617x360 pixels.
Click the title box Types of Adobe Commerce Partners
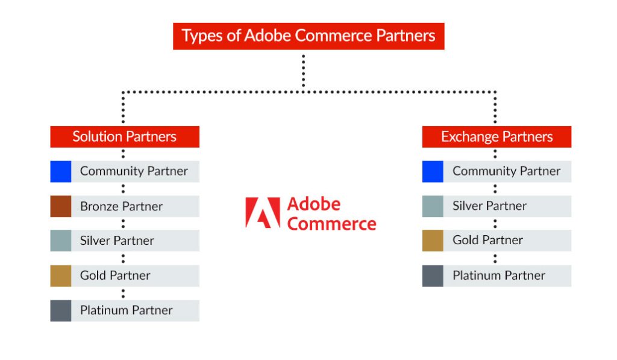click(x=308, y=36)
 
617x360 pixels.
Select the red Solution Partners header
click(x=125, y=136)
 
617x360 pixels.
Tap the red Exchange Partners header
click(x=496, y=136)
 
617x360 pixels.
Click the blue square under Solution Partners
click(x=60, y=171)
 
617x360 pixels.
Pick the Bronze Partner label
click(x=121, y=206)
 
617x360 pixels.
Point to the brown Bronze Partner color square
click(x=60, y=206)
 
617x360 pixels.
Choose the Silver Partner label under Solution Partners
click(x=117, y=241)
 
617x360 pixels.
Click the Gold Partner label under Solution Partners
click(x=115, y=276)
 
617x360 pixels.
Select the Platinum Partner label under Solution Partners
click(x=126, y=311)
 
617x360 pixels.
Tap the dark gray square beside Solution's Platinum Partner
click(x=60, y=311)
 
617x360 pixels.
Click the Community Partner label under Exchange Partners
click(x=506, y=171)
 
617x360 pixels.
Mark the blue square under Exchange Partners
click(x=433, y=171)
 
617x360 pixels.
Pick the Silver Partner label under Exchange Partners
click(x=489, y=206)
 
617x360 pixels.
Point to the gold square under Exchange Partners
click(x=433, y=240)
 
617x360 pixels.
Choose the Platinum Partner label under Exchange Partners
click(x=498, y=276)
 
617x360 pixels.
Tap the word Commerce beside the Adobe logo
click(x=331, y=224)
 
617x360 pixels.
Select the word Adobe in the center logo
click(x=313, y=204)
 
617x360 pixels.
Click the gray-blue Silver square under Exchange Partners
click(x=433, y=206)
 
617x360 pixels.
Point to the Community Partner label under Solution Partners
click(x=134, y=171)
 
